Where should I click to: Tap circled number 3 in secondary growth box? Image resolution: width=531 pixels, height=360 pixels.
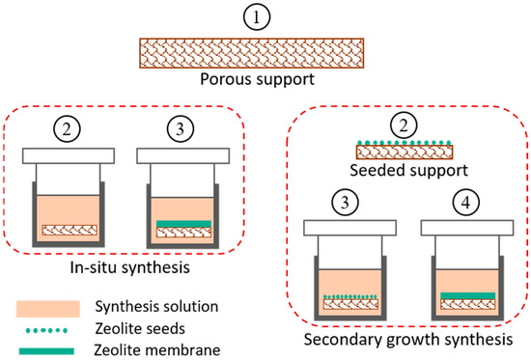coord(349,202)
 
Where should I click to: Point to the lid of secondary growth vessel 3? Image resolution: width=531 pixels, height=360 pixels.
coord(349,228)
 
